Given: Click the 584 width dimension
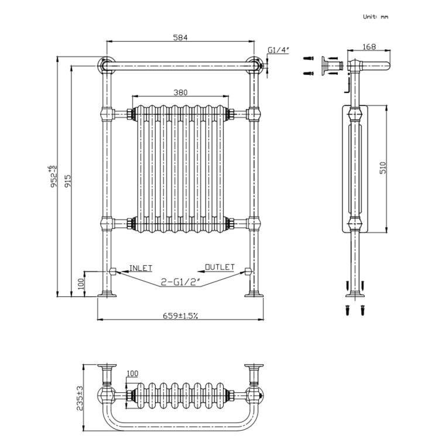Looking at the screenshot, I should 180,38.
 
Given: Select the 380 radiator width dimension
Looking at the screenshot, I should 180,92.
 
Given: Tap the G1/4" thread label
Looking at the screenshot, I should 277,50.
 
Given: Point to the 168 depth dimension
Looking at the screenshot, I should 368,47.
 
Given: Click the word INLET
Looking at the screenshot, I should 140,267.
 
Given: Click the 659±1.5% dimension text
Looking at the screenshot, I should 180,315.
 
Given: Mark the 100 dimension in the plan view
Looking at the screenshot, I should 132,373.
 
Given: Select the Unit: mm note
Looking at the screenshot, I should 375,18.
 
